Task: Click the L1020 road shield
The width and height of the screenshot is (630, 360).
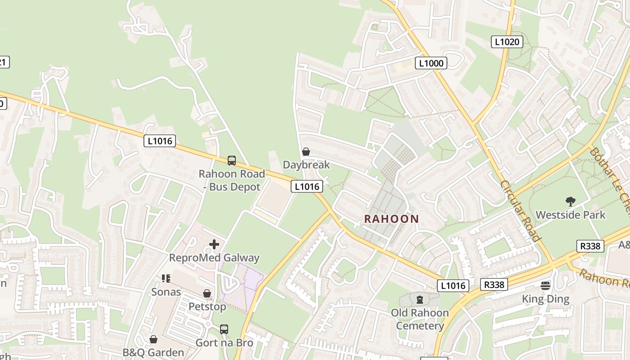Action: (507, 42)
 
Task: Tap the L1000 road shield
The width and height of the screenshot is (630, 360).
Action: (431, 63)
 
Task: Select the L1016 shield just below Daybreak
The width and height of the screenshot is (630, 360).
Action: (307, 186)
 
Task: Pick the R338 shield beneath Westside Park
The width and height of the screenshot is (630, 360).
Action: (589, 246)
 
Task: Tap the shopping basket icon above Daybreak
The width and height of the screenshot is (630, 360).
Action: (306, 152)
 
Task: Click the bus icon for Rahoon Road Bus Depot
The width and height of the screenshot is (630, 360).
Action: (231, 160)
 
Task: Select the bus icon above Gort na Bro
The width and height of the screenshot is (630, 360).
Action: (224, 329)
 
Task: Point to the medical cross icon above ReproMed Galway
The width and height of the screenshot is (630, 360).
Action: (214, 244)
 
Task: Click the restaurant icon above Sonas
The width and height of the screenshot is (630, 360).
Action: (166, 279)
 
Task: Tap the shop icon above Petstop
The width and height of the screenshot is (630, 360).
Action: (207, 293)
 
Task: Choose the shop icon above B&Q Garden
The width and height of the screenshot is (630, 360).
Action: (153, 339)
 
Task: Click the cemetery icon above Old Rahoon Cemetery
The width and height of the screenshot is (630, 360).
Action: (420, 299)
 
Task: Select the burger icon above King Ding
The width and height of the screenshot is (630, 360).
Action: (545, 285)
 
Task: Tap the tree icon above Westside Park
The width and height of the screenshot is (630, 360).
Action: (571, 201)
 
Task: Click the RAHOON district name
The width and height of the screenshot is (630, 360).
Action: (391, 219)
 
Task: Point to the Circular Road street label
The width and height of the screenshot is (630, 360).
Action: (520, 211)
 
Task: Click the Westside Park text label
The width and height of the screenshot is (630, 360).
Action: (571, 215)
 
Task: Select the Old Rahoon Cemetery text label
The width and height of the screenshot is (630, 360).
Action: (420, 319)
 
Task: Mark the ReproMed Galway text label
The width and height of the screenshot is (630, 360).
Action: (214, 258)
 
